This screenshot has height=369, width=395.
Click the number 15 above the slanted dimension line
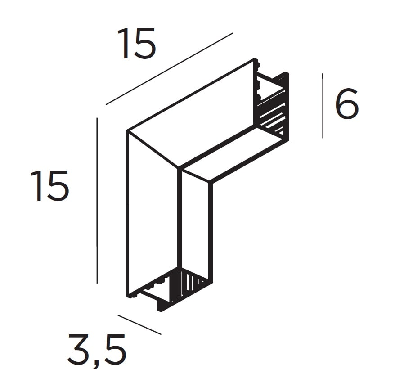(x=136, y=43)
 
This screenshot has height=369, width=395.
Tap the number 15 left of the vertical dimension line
(x=49, y=185)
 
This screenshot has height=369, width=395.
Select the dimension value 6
(x=347, y=103)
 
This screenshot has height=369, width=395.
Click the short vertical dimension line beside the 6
(x=323, y=106)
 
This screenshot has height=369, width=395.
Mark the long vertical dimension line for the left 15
(x=97, y=201)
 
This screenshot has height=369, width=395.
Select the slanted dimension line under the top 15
(x=170, y=68)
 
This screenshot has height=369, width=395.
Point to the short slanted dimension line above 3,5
(x=139, y=325)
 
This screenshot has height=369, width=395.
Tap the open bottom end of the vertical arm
(x=169, y=290)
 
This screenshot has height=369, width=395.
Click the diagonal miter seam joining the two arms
(x=153, y=149)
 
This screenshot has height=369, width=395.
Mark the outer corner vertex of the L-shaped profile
(x=127, y=131)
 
